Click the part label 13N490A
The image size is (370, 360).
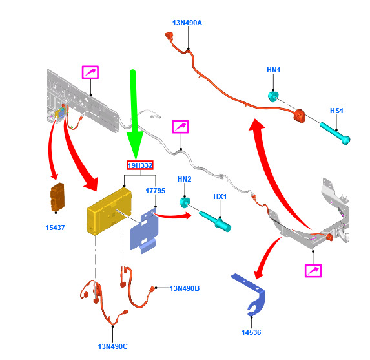coord(187,23)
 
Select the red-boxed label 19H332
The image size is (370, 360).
coord(140,165)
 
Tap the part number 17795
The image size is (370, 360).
coord(155,191)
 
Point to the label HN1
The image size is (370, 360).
coord(274,70)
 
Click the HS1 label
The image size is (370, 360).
coord(336,111)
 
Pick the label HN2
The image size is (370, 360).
coord(184,179)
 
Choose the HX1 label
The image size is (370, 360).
coord(220,196)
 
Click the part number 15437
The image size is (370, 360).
coord(56,228)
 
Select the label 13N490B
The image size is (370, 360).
coord(185,288)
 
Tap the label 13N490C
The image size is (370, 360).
coord(112,346)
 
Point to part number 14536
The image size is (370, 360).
coord(251,332)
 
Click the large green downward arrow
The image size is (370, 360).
coord(134,113)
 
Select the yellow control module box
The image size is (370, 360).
coord(109,211)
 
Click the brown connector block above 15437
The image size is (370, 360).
coord(57,197)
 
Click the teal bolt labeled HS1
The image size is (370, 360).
coord(335,133)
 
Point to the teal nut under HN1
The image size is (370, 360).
coord(273,96)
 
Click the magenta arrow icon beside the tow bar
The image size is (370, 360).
coord(313,270)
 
